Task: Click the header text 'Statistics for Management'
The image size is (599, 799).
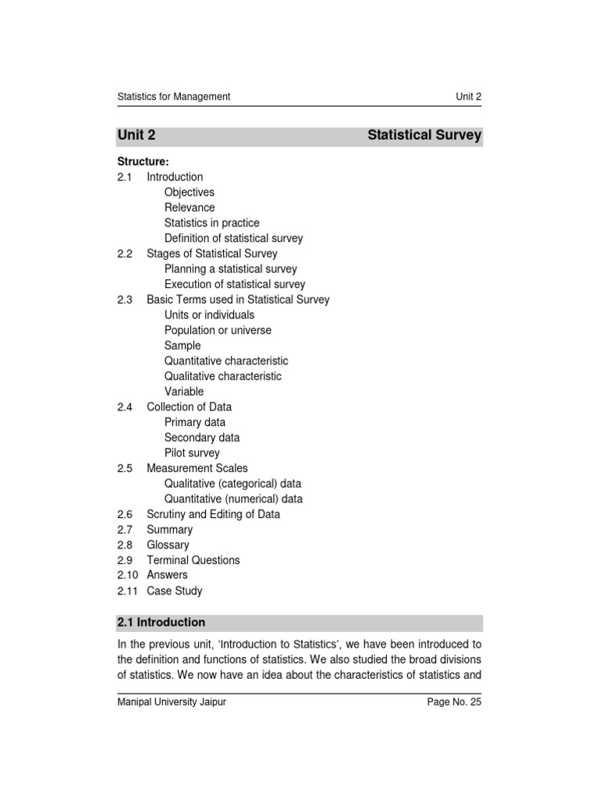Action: point(173,97)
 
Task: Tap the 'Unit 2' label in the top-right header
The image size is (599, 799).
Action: point(468,97)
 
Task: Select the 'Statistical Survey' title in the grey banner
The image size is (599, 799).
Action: point(424,136)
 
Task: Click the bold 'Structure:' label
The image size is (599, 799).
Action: point(143,162)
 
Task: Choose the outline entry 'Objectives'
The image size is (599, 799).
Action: point(190,192)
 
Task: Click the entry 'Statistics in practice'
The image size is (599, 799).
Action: point(211,223)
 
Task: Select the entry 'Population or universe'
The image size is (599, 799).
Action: point(218,330)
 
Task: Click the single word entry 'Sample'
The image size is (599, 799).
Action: point(183,346)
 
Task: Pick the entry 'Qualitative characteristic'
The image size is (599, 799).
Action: point(223,376)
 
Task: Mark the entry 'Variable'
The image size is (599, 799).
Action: point(184,392)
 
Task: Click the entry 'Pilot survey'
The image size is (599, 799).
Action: point(192,453)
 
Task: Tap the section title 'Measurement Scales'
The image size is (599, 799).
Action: point(197,468)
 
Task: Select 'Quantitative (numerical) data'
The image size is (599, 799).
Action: point(233,499)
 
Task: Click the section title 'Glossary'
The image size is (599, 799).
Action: point(168,545)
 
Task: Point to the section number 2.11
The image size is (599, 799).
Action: point(127,591)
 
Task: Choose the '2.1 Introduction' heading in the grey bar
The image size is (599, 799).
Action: point(161,623)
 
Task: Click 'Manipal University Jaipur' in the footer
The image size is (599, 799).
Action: point(172,702)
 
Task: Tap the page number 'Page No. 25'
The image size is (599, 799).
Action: point(454,702)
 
